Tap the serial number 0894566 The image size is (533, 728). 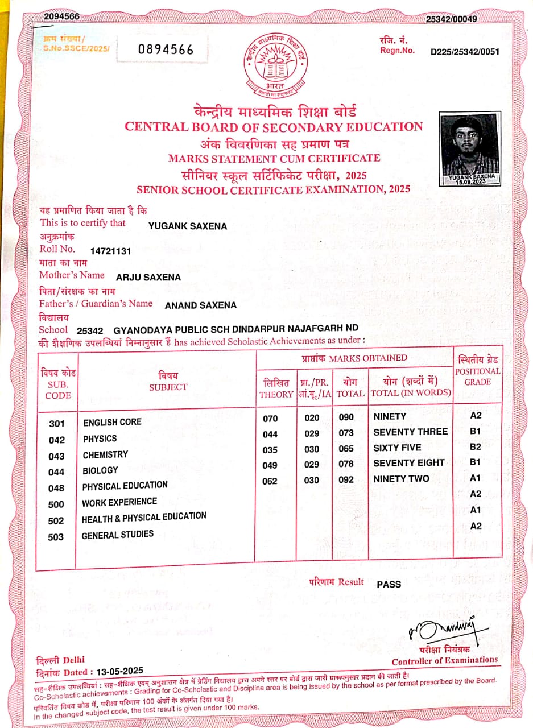pyautogui.click(x=166, y=49)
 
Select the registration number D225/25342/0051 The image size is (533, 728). pyautogui.click(x=465, y=52)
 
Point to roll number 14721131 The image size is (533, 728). pyautogui.click(x=111, y=250)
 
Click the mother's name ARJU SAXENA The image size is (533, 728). pyautogui.click(x=148, y=278)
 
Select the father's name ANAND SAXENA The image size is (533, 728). pyautogui.click(x=201, y=305)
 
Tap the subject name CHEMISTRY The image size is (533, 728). pyautogui.click(x=105, y=455)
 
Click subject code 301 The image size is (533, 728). pyautogui.click(x=57, y=424)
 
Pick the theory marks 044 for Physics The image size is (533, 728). pyautogui.click(x=270, y=435)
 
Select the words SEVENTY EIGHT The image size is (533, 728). pyautogui.click(x=409, y=463)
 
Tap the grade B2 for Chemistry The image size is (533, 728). pyautogui.click(x=476, y=447)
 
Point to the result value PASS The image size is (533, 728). pyautogui.click(x=389, y=584)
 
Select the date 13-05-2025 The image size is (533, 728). pyautogui.click(x=120, y=671)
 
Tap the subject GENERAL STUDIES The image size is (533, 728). pyautogui.click(x=118, y=535)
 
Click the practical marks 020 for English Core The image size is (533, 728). pyautogui.click(x=312, y=418)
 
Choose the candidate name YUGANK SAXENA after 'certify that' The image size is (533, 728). pyautogui.click(x=187, y=226)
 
